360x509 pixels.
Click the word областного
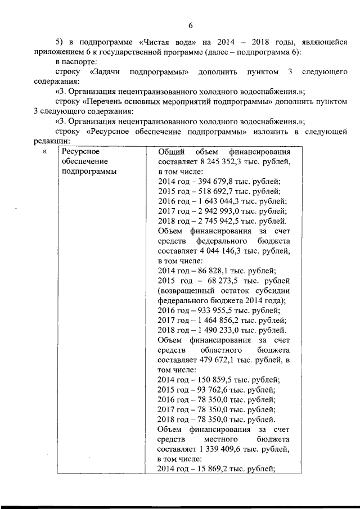(x=225, y=349)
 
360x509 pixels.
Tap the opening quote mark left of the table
(x=44, y=152)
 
